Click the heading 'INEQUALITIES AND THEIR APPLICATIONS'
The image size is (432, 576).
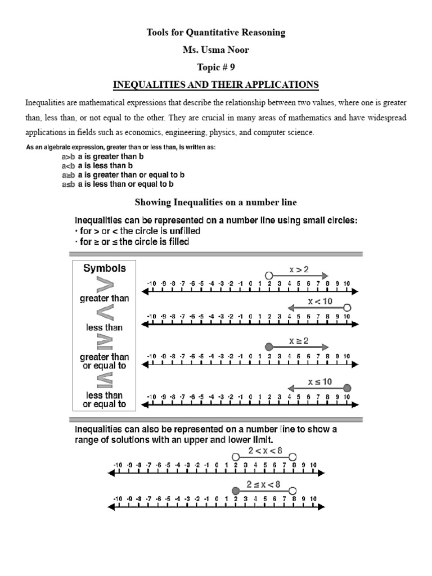[x=216, y=85]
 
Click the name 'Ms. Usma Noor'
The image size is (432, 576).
[x=216, y=50]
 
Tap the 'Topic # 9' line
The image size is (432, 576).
[x=216, y=67]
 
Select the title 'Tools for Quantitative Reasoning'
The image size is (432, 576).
[x=216, y=33]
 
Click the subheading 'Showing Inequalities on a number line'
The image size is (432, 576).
[x=216, y=202]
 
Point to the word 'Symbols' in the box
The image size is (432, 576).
[x=105, y=268]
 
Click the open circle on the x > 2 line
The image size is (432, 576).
[x=269, y=275]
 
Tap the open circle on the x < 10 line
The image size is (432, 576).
[x=347, y=307]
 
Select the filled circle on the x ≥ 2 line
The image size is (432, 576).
[x=269, y=347]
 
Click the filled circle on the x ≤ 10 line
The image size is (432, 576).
[x=347, y=388]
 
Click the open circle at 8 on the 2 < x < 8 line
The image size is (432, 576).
[x=292, y=457]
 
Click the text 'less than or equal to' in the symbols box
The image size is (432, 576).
[x=105, y=399]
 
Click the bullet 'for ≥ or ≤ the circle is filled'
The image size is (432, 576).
[x=132, y=242]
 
